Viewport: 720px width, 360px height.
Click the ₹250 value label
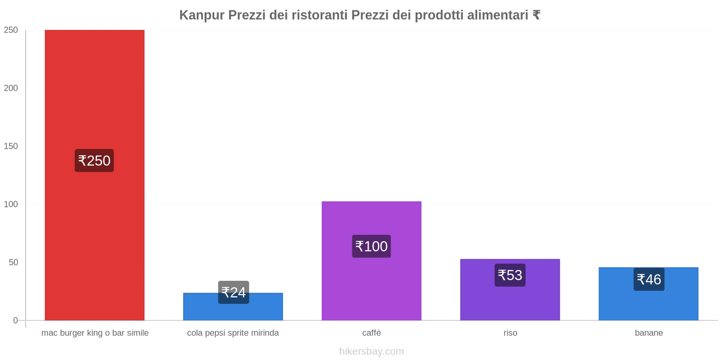coord(94,161)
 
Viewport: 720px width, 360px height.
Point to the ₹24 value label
coord(234,292)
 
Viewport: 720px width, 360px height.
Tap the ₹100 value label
coord(371,246)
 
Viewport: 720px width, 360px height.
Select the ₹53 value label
coord(510,275)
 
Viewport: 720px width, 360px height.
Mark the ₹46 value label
coord(649,279)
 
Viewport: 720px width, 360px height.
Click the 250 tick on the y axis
coord(11,30)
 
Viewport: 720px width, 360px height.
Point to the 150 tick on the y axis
coord(11,146)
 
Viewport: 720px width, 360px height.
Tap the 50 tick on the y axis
coord(13,262)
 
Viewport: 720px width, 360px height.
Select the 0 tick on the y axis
coord(16,320)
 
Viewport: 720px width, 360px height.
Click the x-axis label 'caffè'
coord(371,333)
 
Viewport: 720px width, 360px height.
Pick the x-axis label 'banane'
coord(648,333)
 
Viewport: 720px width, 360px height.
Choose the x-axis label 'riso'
coord(510,333)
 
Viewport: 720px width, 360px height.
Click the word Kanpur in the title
coord(202,15)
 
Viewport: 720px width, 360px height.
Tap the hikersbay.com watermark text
coord(371,351)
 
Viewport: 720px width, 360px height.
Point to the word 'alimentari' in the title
coord(497,15)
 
